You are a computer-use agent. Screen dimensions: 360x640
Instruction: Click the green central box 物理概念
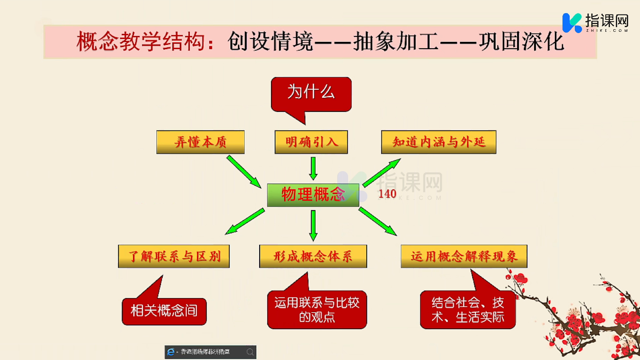tap(313, 195)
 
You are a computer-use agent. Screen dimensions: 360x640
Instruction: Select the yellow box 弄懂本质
tap(200, 142)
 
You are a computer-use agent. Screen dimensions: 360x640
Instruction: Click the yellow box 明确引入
tap(311, 142)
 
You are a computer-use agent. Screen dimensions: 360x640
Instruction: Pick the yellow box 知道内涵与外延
tap(439, 142)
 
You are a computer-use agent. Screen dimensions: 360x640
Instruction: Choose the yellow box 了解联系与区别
tap(174, 256)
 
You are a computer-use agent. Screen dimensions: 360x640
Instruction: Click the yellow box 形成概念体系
tap(313, 256)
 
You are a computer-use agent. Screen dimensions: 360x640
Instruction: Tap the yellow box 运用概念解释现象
tap(464, 256)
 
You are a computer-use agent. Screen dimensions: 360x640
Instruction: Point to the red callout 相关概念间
tap(164, 311)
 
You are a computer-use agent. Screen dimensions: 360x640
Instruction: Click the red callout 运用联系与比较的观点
tap(317, 310)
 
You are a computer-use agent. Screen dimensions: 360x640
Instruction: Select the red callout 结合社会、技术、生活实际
tap(468, 310)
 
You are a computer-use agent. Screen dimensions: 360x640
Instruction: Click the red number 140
tap(387, 194)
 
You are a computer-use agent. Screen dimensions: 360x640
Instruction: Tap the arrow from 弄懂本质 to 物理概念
tap(244, 171)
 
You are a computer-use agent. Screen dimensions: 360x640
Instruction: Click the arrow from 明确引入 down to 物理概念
tap(313, 168)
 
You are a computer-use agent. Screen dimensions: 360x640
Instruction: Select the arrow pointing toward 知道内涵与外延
tap(382, 172)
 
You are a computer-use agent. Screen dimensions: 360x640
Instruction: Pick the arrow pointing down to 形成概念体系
tap(313, 225)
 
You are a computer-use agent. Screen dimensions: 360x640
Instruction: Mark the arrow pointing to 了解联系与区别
tap(245, 221)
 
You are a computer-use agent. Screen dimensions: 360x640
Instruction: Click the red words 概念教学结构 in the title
tap(141, 42)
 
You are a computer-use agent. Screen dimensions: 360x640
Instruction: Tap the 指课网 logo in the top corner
tap(595, 22)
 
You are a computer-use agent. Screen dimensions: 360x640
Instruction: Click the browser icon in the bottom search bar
tap(171, 352)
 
